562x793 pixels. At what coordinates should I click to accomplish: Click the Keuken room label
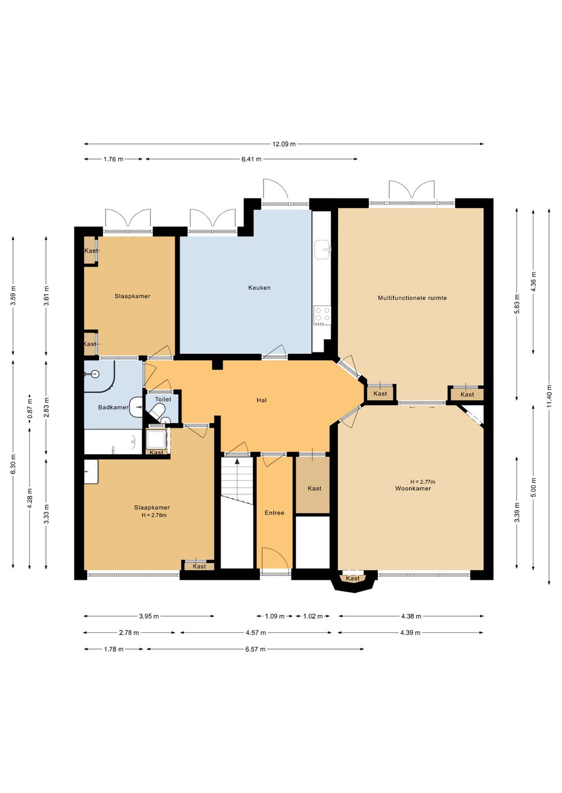pyautogui.click(x=259, y=288)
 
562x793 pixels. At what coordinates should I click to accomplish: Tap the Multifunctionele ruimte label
pyautogui.click(x=412, y=298)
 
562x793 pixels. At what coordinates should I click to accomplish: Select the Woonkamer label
pyautogui.click(x=413, y=488)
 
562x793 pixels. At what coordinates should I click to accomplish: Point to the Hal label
pyautogui.click(x=262, y=400)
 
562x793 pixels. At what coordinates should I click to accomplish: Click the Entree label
pyautogui.click(x=274, y=513)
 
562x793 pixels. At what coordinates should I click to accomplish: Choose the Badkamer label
pyautogui.click(x=113, y=407)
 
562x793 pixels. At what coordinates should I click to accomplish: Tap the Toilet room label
pyautogui.click(x=163, y=399)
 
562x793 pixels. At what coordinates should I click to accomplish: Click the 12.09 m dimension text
pyautogui.click(x=284, y=144)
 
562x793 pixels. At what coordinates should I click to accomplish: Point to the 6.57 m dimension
pyautogui.click(x=256, y=649)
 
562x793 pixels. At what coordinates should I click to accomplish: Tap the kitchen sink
pyautogui.click(x=322, y=249)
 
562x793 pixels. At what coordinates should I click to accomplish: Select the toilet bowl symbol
pyautogui.click(x=157, y=413)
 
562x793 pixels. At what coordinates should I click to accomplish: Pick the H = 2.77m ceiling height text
pyautogui.click(x=423, y=482)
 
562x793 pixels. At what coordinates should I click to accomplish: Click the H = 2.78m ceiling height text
pyautogui.click(x=154, y=515)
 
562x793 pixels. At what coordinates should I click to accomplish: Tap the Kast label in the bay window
pyautogui.click(x=352, y=578)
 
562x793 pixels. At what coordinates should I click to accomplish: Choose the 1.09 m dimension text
pyautogui.click(x=275, y=616)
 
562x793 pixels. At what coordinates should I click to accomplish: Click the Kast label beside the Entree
pyautogui.click(x=314, y=488)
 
